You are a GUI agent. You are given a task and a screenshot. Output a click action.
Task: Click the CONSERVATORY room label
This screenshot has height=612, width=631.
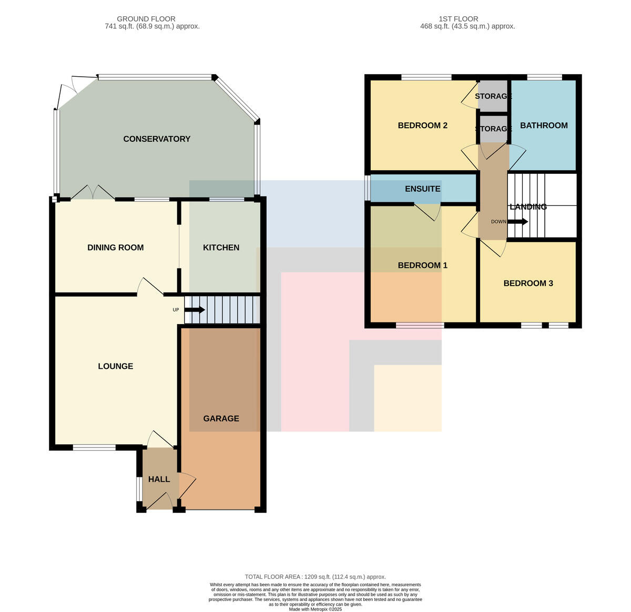coord(157,139)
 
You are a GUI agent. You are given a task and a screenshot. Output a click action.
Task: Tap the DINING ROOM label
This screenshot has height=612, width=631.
coord(116,247)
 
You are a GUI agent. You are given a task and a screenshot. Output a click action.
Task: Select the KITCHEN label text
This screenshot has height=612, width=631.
coord(221,247)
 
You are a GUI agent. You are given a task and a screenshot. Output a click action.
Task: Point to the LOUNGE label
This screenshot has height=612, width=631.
coord(116,366)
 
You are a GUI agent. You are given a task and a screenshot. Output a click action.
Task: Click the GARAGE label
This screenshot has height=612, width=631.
coord(221,418)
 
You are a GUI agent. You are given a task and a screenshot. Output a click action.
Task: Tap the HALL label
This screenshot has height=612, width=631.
coord(159,479)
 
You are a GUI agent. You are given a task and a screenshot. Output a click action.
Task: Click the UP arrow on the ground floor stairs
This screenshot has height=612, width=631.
coord(195,310)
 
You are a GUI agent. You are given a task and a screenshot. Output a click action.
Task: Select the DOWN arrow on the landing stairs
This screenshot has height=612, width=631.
coord(517,222)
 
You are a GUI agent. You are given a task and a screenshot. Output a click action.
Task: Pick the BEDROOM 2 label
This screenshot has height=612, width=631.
coord(422,126)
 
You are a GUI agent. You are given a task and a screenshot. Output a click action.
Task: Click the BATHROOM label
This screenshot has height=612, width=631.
coord(544,126)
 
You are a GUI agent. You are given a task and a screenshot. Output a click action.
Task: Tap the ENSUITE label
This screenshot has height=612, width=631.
coord(422,189)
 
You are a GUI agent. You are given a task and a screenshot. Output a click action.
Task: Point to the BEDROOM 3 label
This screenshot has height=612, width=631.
coord(528,283)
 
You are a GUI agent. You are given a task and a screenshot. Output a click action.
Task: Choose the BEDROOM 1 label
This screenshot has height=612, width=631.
coord(422,265)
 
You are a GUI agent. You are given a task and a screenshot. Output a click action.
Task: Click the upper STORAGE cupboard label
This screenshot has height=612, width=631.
coord(493,96)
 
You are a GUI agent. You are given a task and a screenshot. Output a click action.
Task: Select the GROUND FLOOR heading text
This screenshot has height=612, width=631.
coord(146,19)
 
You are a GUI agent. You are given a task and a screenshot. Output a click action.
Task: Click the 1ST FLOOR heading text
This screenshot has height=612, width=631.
coord(459,19)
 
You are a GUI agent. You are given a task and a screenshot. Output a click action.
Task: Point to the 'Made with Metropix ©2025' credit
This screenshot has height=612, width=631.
coord(315,609)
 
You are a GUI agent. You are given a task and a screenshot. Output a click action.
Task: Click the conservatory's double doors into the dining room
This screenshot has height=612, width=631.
coord(93,192)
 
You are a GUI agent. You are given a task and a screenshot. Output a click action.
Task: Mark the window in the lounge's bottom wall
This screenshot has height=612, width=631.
coord(94,448)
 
